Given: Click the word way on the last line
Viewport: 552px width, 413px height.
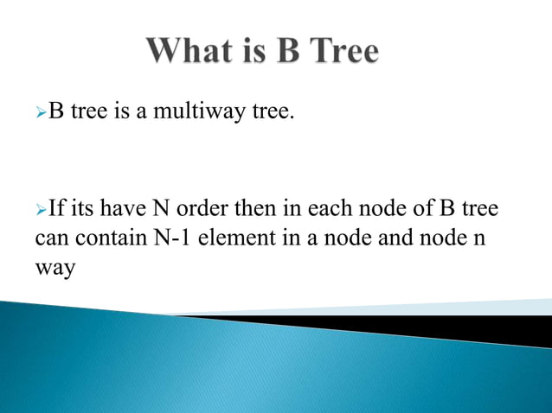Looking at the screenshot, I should pyautogui.click(x=55, y=269).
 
